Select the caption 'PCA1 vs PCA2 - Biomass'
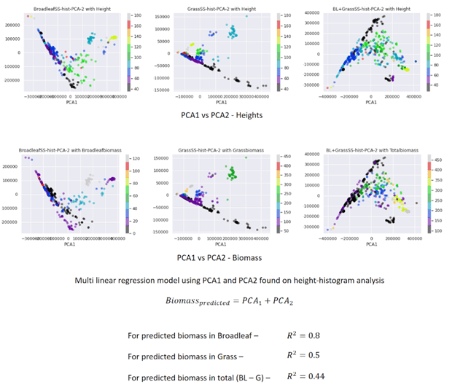coord(225,257)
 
